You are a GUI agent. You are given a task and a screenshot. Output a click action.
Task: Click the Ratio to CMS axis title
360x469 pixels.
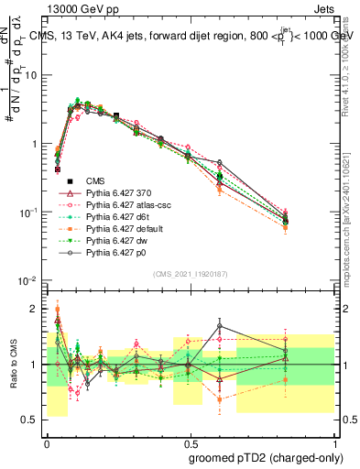(13, 365)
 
